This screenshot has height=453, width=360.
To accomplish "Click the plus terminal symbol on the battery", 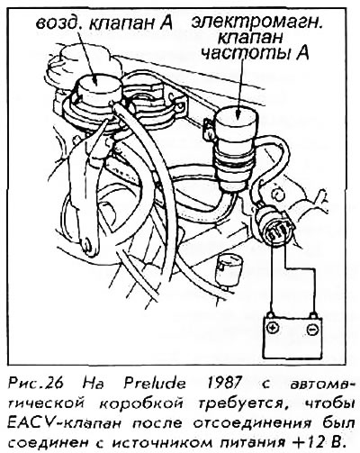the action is [273, 327].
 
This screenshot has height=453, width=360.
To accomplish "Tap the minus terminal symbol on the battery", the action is [312, 330].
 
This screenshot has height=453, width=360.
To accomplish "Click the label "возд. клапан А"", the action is [103, 23].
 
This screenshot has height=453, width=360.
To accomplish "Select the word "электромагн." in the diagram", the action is [256, 23].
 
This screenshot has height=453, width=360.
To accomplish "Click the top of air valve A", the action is [98, 83].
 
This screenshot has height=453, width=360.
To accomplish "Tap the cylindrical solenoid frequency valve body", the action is [236, 149].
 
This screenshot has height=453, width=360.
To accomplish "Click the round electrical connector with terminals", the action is [275, 226].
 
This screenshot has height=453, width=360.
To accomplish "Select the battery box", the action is [292, 337].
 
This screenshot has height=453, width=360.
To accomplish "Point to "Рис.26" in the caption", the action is [35, 384].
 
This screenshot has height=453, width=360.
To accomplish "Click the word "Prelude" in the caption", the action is [155, 384].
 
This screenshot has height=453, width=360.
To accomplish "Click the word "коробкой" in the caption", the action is [140, 403].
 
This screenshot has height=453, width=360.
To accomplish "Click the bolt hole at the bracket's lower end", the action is [87, 246].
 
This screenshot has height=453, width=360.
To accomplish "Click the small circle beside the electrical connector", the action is [277, 195].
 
